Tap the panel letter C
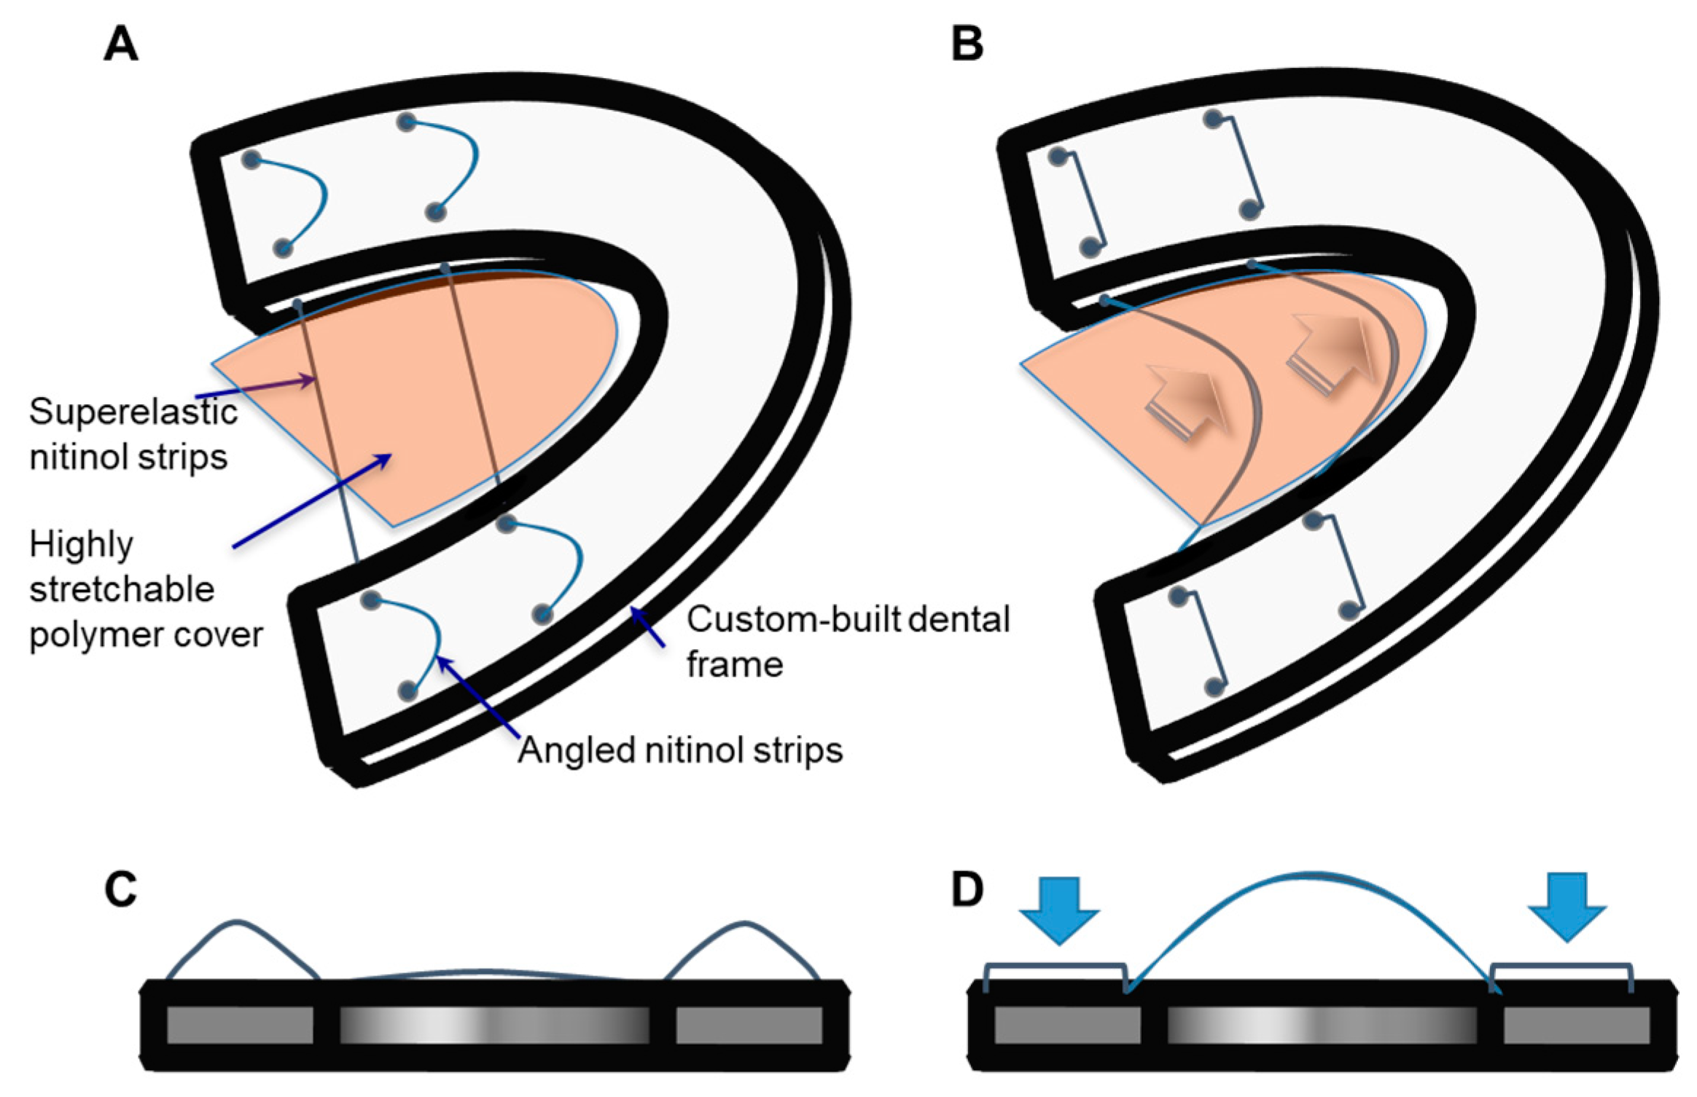point(121,889)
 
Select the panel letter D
point(967,889)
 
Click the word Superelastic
point(133,412)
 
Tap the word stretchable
point(122,589)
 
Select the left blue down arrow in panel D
point(1058,909)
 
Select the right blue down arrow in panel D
point(1567,908)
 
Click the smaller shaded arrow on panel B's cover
point(1187,402)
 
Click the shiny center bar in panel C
point(494,1025)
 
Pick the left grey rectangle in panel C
point(240,1025)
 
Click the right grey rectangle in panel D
point(1576,1026)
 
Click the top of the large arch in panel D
point(1308,874)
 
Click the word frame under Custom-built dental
point(735,665)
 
